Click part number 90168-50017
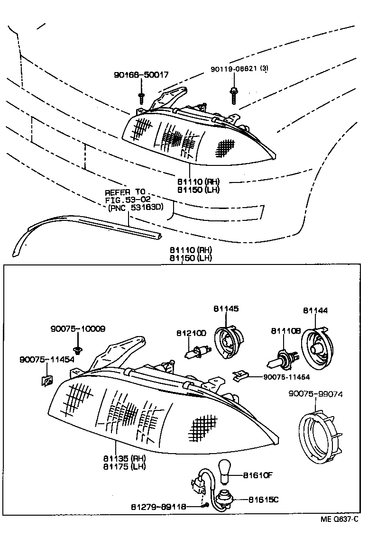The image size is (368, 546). (141, 75)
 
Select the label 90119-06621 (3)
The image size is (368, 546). (239, 69)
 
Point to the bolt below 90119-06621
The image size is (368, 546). (233, 96)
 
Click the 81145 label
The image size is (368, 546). (226, 309)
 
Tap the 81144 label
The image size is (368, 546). (315, 310)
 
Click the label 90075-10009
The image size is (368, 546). (78, 328)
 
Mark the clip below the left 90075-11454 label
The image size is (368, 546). (46, 380)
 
